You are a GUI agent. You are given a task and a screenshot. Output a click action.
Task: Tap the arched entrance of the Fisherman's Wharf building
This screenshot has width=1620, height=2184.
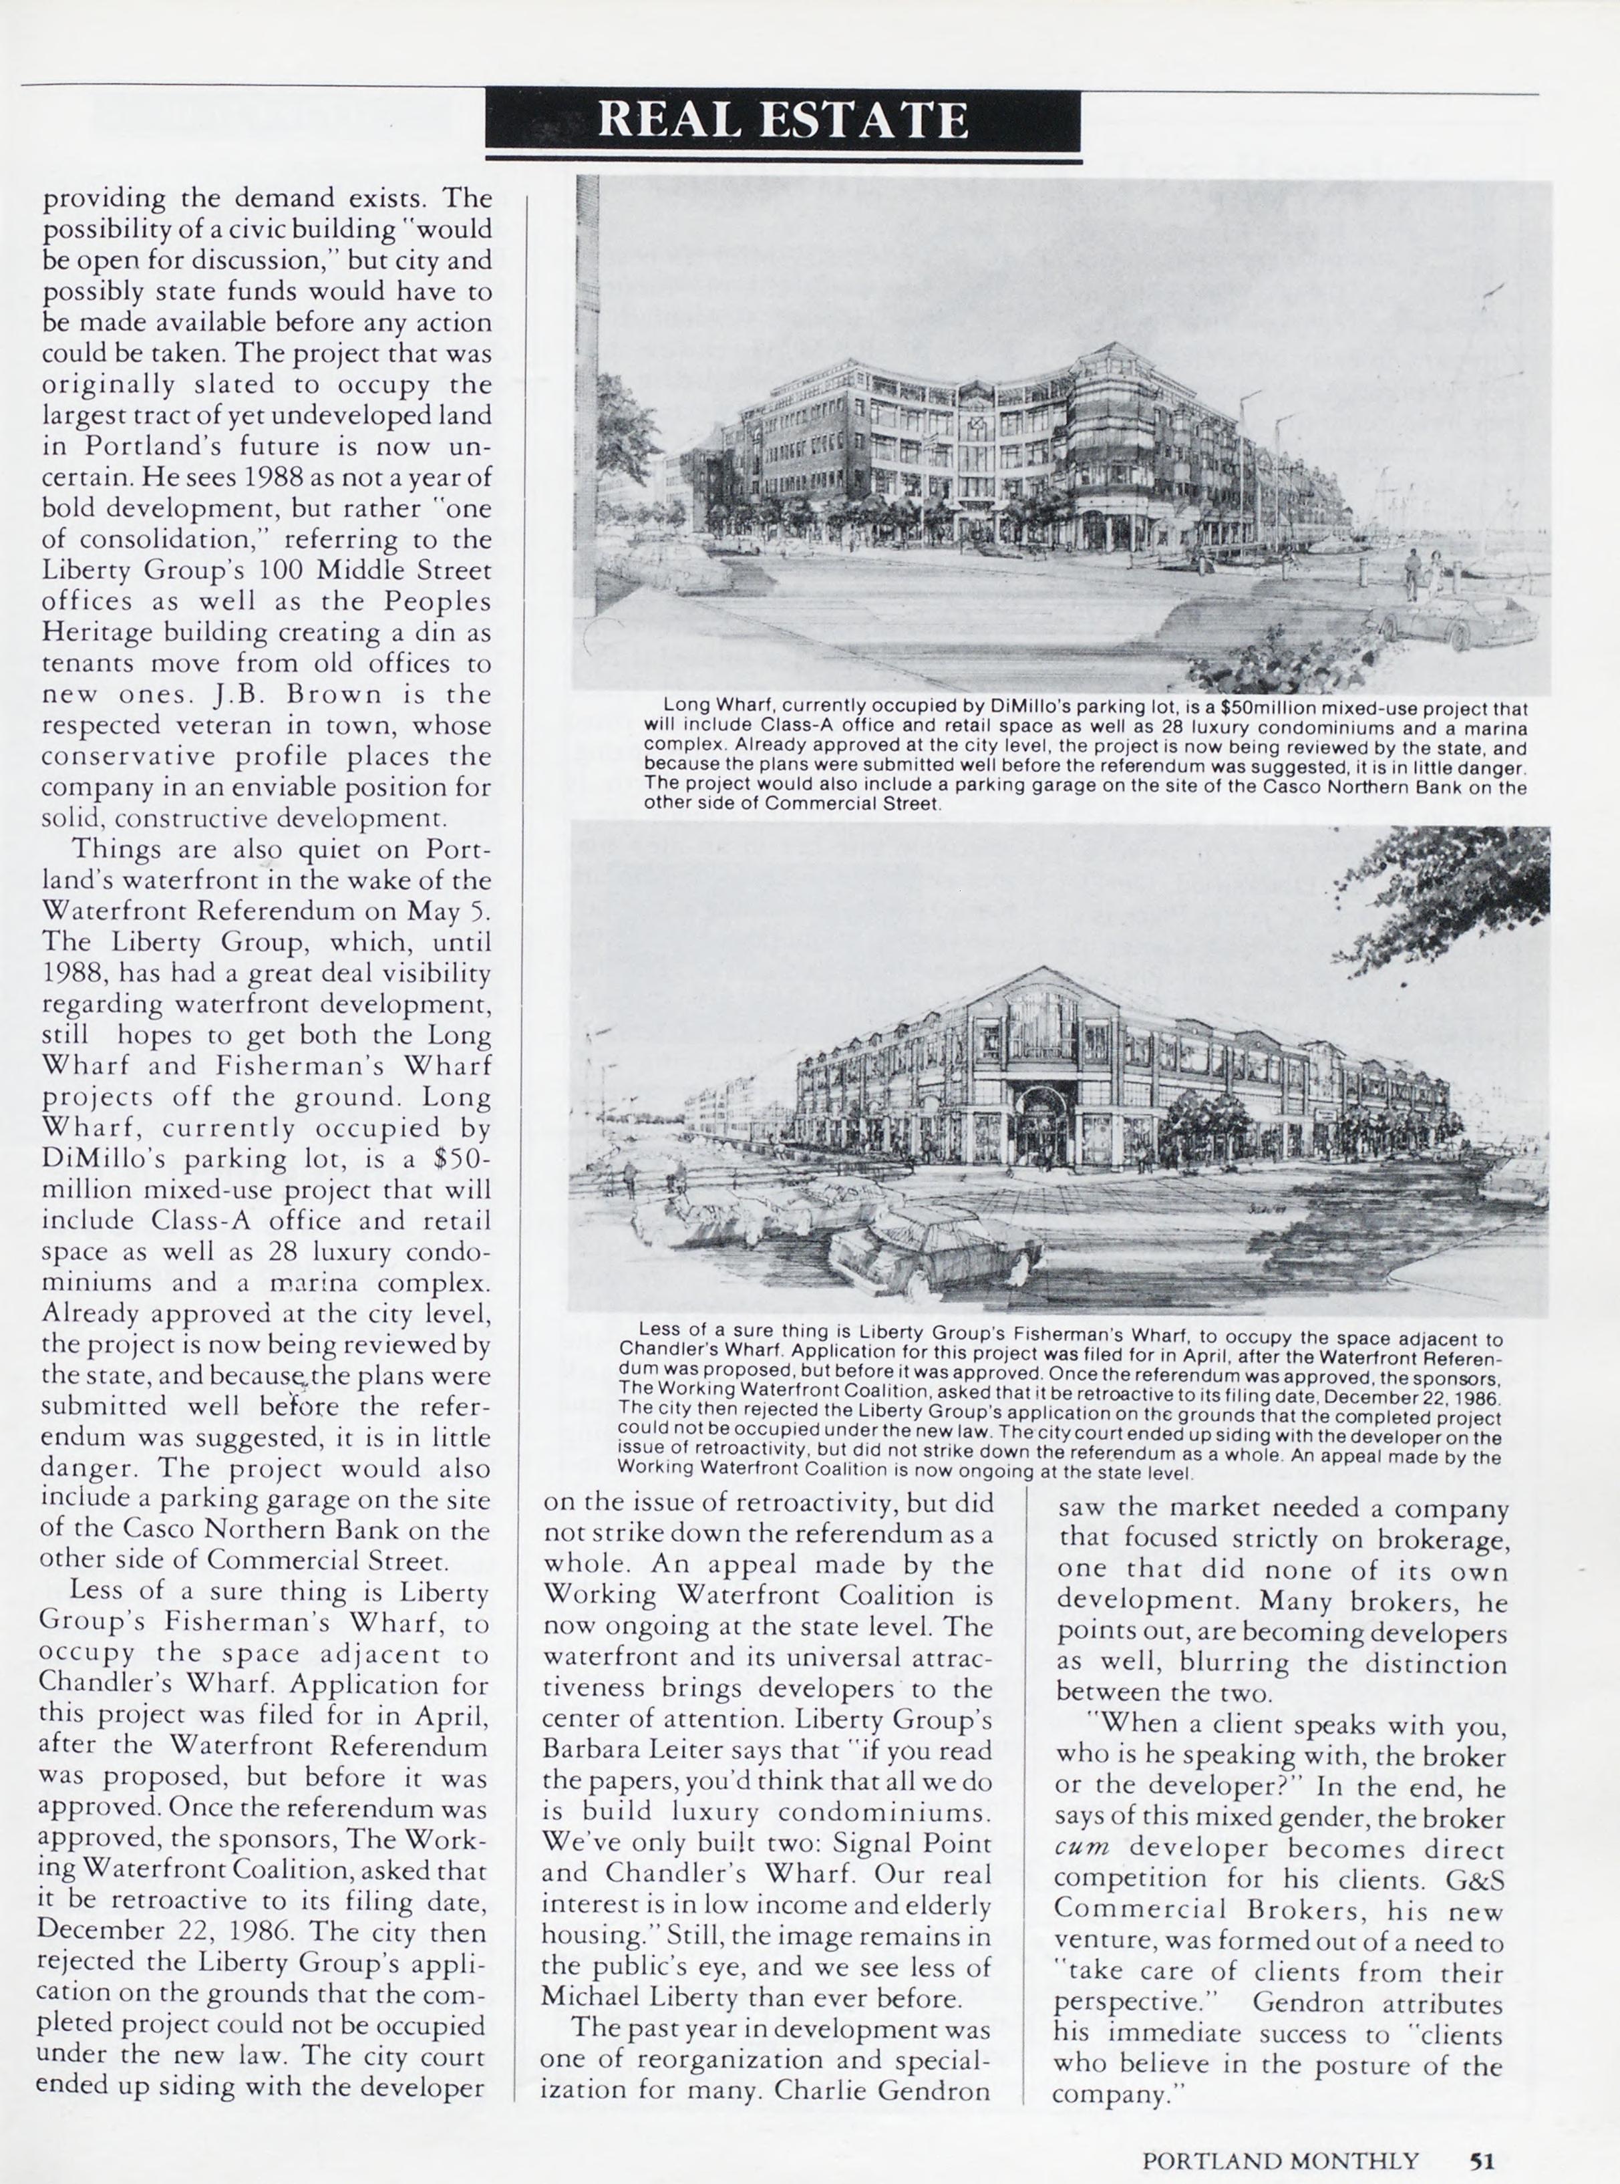(1041, 1118)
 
